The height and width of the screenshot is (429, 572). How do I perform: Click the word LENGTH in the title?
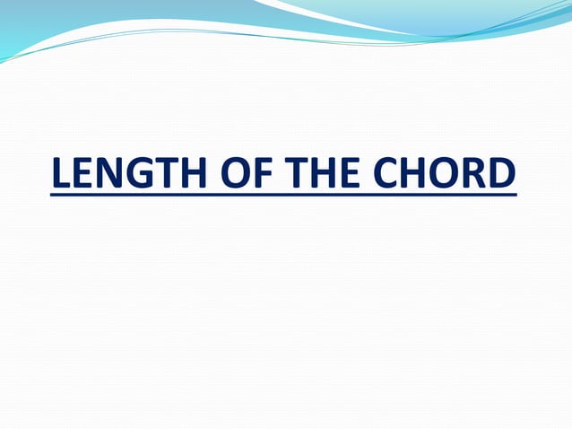[126, 174]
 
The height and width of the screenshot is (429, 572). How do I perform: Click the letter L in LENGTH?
[60, 174]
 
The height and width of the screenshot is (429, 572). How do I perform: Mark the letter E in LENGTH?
[83, 174]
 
